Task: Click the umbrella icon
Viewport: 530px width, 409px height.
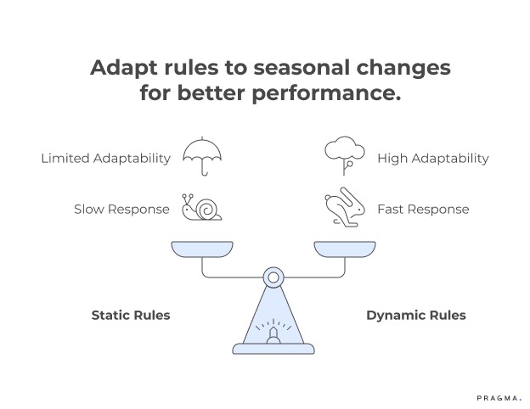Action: tap(202, 155)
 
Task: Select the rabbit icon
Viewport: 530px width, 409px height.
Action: tap(344, 209)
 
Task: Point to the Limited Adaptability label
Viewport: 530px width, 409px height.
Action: tap(105, 159)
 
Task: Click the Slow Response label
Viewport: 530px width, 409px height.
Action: tap(121, 210)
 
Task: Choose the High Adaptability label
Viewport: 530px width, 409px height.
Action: tap(432, 159)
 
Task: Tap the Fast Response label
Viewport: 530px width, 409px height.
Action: tap(422, 210)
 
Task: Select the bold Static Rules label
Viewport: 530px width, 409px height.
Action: tap(131, 315)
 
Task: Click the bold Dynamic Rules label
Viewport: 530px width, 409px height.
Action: tap(415, 315)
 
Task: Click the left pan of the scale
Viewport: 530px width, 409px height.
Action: tap(201, 249)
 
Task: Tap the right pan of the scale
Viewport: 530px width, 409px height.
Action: tap(344, 249)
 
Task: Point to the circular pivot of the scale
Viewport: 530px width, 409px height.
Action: tap(273, 277)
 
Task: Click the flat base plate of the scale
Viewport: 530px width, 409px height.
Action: tap(273, 349)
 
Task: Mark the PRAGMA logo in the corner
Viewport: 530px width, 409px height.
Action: tap(497, 395)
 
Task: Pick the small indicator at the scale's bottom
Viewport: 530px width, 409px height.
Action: tap(273, 338)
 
